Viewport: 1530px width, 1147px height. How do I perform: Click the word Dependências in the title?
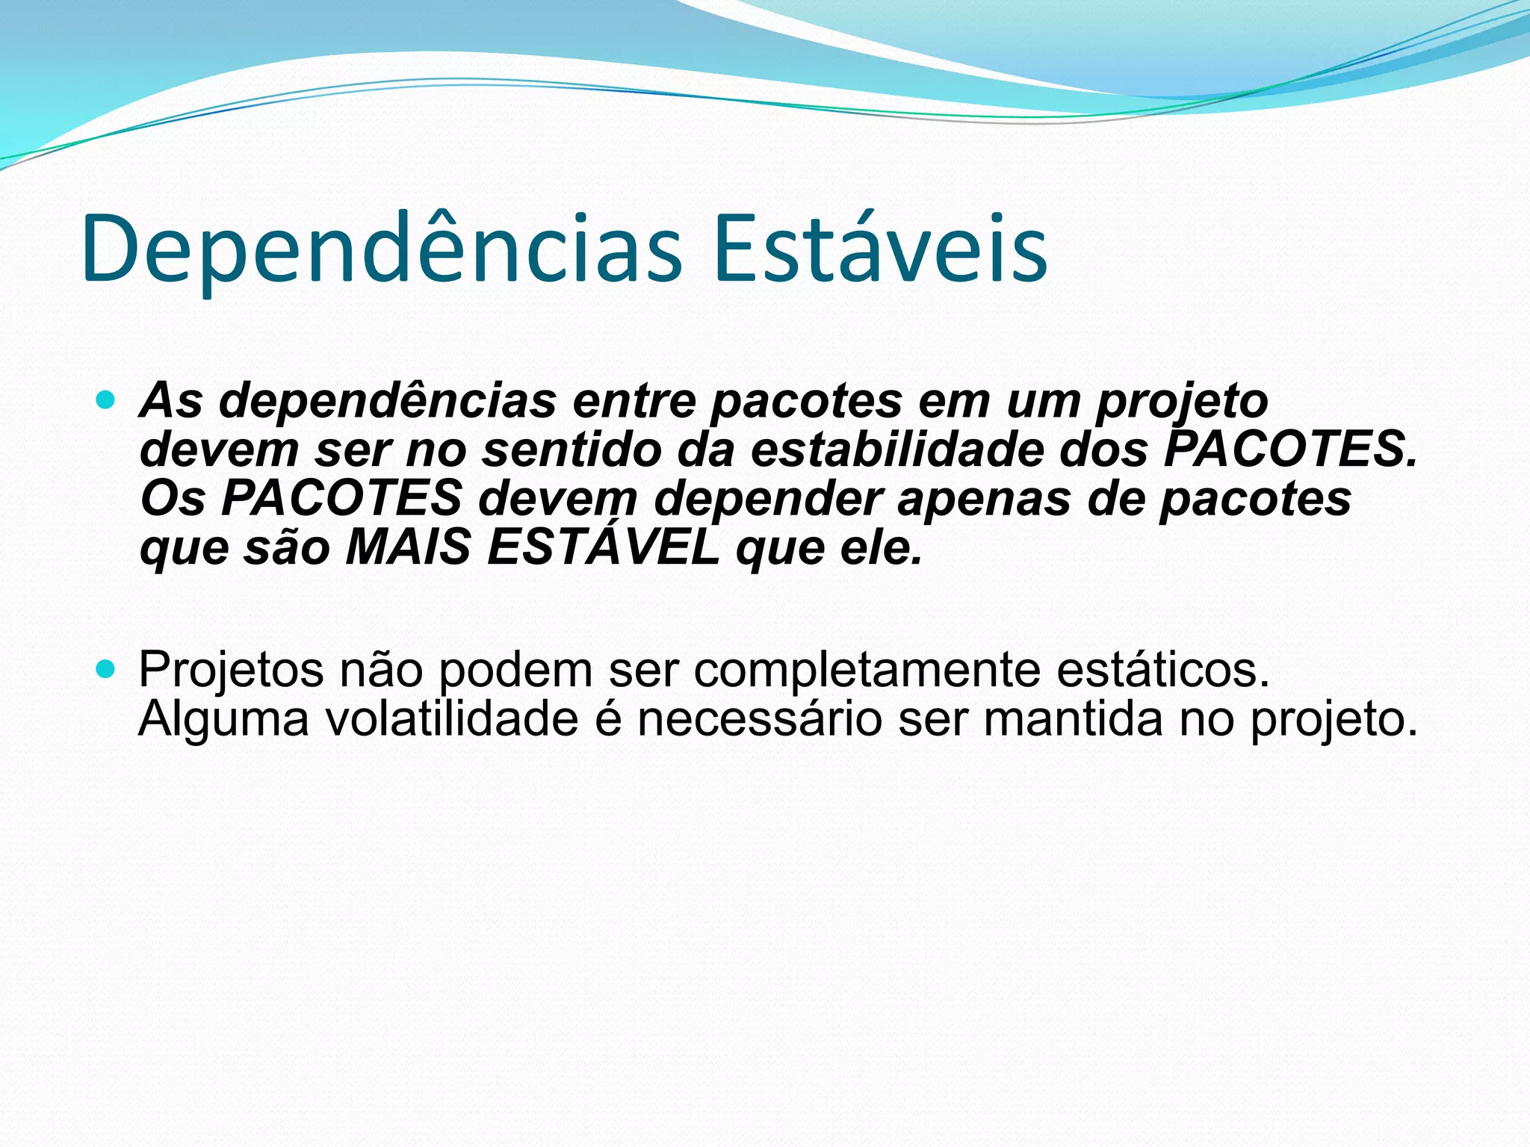tap(381, 250)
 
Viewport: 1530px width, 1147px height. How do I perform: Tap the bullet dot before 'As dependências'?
tap(106, 401)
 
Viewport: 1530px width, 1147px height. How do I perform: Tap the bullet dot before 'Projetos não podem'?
tap(106, 670)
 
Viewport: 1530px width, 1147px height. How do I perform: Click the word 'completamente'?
tap(867, 670)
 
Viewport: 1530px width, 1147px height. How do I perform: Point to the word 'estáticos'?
tap(1162, 670)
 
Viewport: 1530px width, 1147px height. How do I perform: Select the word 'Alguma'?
tap(223, 718)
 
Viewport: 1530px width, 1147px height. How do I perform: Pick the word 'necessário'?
tap(759, 718)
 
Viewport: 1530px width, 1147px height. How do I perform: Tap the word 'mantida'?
tap(1072, 718)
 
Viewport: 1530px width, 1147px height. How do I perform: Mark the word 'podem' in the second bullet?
tap(515, 670)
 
